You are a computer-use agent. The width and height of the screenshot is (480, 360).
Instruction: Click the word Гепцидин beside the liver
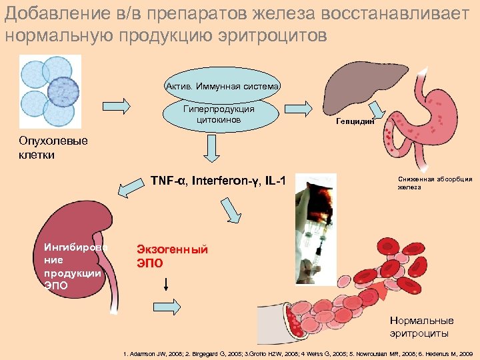click(x=356, y=122)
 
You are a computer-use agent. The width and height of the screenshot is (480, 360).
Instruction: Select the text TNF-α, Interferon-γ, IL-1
click(x=218, y=181)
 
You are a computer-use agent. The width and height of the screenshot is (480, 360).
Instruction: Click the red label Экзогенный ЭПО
click(x=172, y=256)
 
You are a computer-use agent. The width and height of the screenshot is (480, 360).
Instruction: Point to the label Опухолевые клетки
click(x=44, y=147)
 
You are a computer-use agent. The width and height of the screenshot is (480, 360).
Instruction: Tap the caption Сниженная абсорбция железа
click(x=435, y=183)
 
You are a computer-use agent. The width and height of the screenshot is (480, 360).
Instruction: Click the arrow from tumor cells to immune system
click(x=118, y=105)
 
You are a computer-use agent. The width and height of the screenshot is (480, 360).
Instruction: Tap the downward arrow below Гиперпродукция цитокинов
click(x=213, y=149)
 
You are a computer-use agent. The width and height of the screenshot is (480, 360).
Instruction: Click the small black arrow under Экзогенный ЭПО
click(x=165, y=284)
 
